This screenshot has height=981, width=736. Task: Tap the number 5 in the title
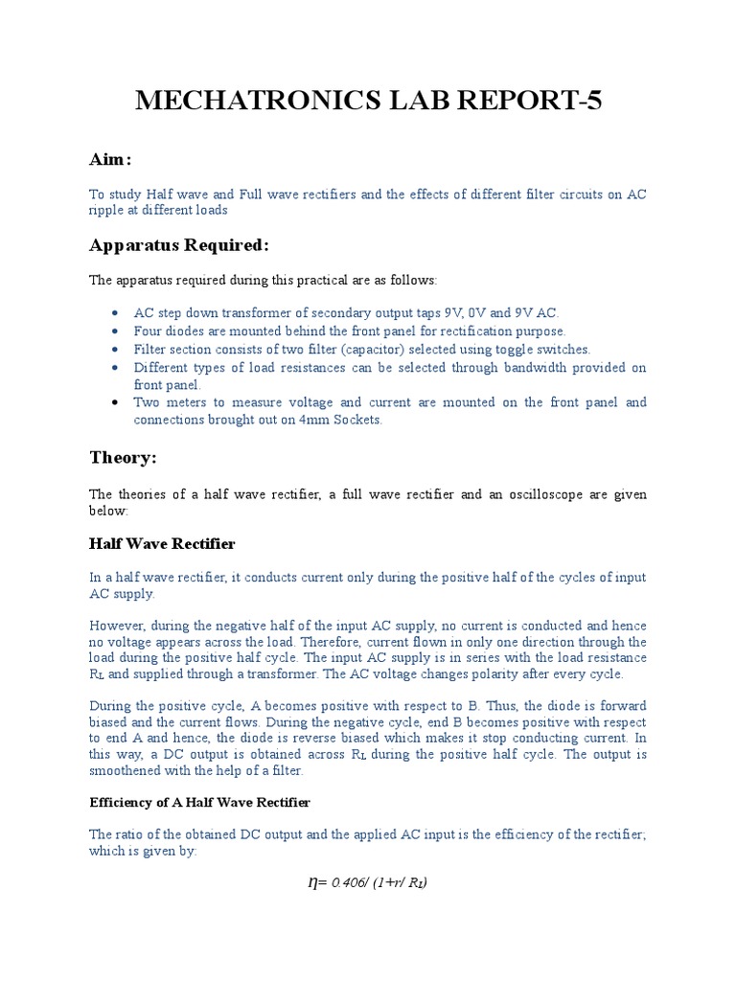click(592, 100)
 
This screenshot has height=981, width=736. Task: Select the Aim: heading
click(110, 158)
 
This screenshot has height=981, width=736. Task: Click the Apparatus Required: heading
click(179, 245)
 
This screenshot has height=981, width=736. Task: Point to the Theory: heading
click(123, 458)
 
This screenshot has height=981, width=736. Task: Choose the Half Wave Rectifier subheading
click(162, 544)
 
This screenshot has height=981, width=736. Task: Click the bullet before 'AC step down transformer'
click(116, 313)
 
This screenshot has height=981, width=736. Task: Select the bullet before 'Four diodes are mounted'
click(116, 331)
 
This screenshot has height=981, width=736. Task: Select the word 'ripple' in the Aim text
click(105, 212)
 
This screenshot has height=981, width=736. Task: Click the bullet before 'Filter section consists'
click(116, 350)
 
